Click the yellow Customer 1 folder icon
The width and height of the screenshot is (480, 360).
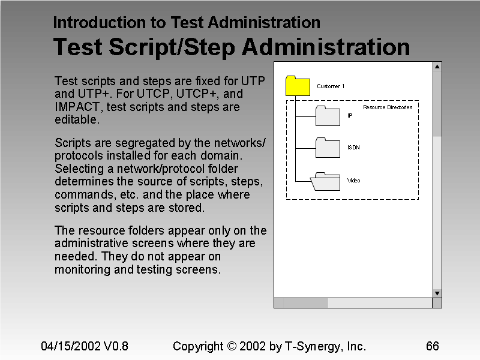click(x=298, y=86)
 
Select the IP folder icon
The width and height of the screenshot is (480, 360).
click(x=328, y=115)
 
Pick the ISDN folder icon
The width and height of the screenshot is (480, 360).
click(x=328, y=147)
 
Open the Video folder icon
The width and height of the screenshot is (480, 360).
click(x=327, y=181)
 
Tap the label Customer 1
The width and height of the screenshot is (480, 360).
click(x=331, y=86)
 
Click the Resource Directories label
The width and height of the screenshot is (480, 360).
click(x=388, y=107)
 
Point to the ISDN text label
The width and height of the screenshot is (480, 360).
click(x=353, y=148)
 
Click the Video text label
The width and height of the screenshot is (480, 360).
click(x=354, y=181)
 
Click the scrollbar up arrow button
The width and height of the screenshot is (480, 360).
click(x=437, y=67)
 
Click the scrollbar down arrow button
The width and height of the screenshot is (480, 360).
click(x=437, y=293)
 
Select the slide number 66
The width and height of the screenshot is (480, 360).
click(x=432, y=346)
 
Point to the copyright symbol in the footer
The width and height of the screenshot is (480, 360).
click(x=233, y=347)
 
